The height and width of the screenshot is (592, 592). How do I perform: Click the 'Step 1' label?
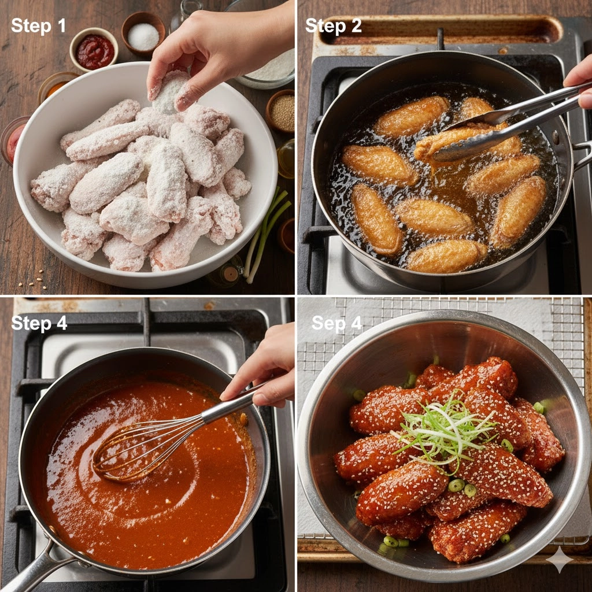point(39,25)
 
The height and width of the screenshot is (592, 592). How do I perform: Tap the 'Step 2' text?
point(334,25)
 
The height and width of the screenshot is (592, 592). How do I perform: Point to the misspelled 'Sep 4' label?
point(336,323)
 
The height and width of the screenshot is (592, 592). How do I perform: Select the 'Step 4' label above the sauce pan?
point(39,323)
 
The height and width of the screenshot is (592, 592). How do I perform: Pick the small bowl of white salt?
point(143,34)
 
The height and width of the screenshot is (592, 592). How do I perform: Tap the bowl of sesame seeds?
point(281,111)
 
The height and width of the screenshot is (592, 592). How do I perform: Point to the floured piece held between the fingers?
point(169,91)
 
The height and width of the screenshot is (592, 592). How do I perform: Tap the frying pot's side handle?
point(582,155)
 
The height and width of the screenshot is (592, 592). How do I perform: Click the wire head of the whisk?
point(147,449)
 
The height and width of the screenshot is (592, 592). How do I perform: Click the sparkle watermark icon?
point(560,560)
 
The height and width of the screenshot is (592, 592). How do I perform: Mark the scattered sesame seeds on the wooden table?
point(33,281)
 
